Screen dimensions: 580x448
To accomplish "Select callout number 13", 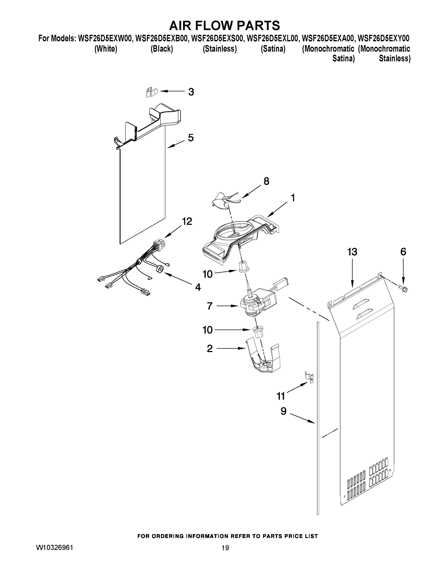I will [352, 252].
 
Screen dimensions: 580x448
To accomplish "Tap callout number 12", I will [187, 221].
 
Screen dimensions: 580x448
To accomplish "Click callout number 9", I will [283, 411].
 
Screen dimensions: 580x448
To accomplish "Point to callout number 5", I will [191, 138].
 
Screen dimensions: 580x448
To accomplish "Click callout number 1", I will [293, 198].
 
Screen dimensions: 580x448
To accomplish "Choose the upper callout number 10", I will [207, 274].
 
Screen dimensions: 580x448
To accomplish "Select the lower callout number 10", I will [207, 330].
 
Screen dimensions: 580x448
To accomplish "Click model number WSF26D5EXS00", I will [217, 38].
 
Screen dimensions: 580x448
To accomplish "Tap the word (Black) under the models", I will [162, 49].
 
